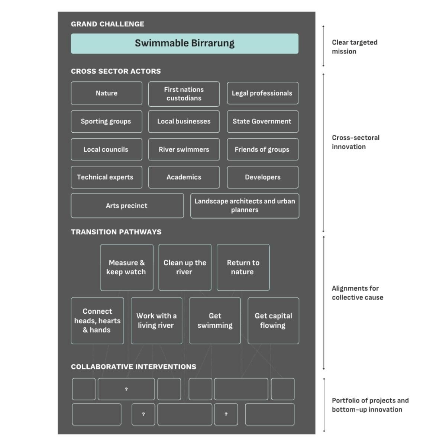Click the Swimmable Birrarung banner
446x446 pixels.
[x=184, y=43]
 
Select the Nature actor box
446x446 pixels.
[x=107, y=93]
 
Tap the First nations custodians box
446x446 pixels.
[x=184, y=94]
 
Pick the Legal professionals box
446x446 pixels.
[x=262, y=93]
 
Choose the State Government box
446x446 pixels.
[x=262, y=122]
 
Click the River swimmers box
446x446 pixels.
[x=184, y=149]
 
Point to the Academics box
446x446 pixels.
[x=184, y=177]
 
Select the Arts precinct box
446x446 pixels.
[x=127, y=206]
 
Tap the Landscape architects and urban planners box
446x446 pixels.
[x=245, y=206]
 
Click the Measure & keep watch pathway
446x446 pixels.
[x=127, y=267]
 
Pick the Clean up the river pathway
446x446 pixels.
[x=185, y=267]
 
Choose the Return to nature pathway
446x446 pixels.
[x=243, y=267]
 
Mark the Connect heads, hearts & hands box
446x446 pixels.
[x=97, y=320]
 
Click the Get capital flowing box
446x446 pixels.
[x=273, y=320]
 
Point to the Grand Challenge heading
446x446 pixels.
[x=107, y=24]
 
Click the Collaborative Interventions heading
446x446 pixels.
[x=133, y=367]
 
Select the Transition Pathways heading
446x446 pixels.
[x=116, y=232]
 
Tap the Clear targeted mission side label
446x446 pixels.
[x=354, y=47]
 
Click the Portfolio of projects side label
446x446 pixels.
[x=370, y=405]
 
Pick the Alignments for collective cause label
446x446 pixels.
[x=357, y=293]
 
